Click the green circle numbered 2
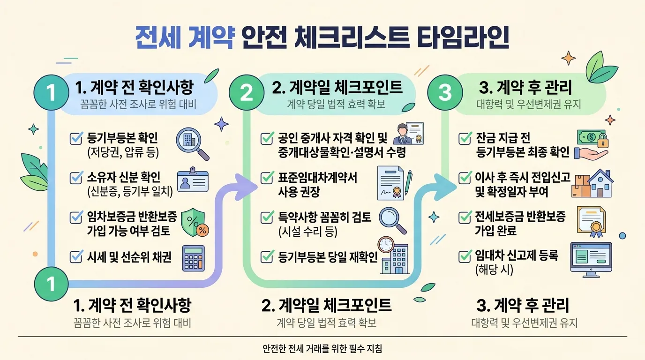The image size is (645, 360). (x=247, y=92)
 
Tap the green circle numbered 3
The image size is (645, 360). (x=445, y=92)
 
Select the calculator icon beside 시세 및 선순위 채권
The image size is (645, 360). (x=194, y=258)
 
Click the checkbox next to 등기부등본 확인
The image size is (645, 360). (x=76, y=138)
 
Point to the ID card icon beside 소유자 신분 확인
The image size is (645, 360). (x=193, y=180)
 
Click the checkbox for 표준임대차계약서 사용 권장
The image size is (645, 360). (x=267, y=177)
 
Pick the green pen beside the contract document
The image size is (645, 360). (x=409, y=182)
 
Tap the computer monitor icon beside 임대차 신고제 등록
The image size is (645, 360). (x=591, y=260)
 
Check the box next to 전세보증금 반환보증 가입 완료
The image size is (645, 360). (x=465, y=217)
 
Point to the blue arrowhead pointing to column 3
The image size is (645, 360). (x=445, y=187)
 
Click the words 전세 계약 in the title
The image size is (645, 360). (x=184, y=37)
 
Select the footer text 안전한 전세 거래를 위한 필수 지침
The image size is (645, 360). (x=322, y=348)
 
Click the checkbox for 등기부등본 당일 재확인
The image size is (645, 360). (x=267, y=256)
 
